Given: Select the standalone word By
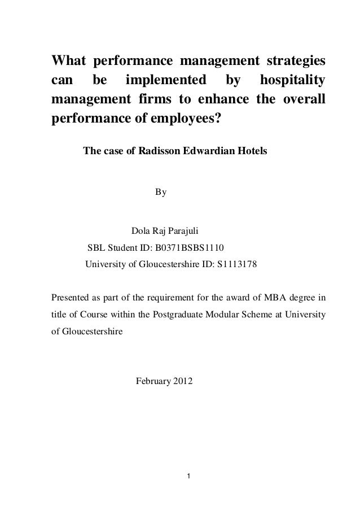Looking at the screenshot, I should (161, 193).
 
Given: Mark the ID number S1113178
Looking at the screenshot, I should (236, 263).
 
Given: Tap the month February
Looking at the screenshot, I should (153, 382).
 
